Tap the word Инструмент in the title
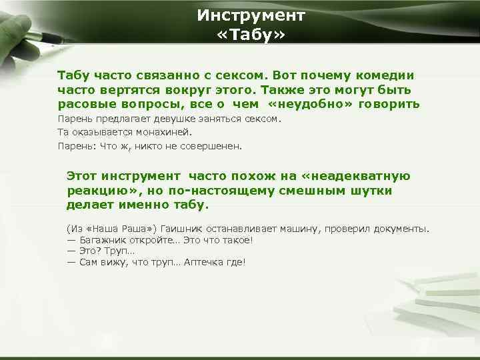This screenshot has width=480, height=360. pyautogui.click(x=251, y=15)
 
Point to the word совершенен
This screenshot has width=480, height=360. pyautogui.click(x=210, y=145)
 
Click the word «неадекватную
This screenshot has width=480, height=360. pyautogui.click(x=357, y=176)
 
